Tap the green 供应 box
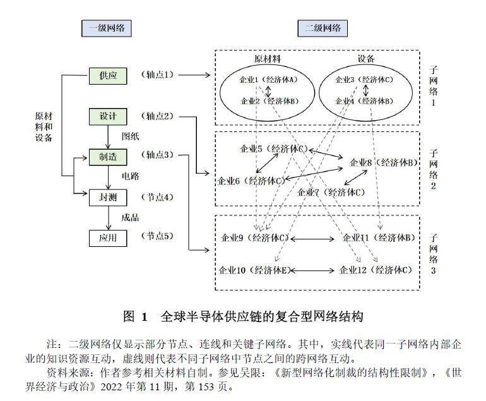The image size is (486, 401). (x=108, y=76)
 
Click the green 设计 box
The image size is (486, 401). (x=108, y=116)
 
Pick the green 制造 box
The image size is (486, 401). (x=108, y=157)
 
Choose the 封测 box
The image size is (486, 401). (x=108, y=197)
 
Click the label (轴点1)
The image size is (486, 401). (x=157, y=75)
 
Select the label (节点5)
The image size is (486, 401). (x=157, y=237)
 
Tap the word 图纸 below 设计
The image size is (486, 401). (x=129, y=136)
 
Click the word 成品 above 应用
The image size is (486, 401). (x=129, y=217)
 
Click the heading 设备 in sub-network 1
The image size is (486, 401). (x=365, y=59)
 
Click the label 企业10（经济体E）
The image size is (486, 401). (x=253, y=270)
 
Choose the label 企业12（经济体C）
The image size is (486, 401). (x=376, y=270)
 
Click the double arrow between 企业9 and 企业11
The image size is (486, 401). (x=312, y=238)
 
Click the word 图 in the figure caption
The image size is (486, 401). (x=129, y=315)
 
